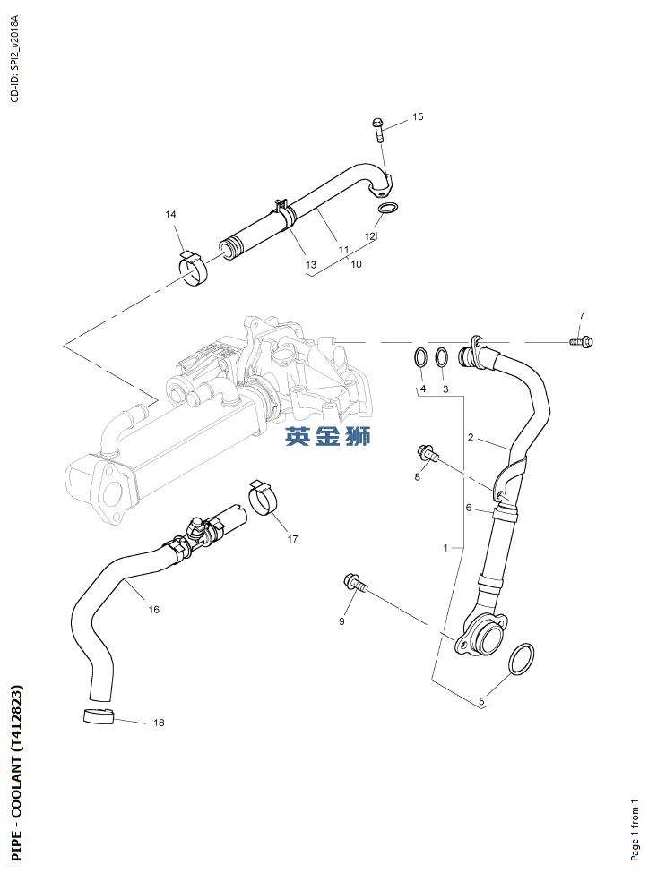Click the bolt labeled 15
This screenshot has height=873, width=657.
[378, 131]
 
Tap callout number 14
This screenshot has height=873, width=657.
[170, 214]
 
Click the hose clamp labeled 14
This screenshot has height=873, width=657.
[192, 268]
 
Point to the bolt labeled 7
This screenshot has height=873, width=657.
[581, 341]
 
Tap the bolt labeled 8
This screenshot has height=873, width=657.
[427, 454]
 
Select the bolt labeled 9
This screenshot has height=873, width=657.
[355, 585]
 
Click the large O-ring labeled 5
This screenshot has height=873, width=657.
[523, 661]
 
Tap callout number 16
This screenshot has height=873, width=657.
[154, 610]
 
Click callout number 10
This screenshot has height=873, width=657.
[356, 264]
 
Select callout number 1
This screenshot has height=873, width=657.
[446, 546]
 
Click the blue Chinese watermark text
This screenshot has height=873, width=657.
[327, 437]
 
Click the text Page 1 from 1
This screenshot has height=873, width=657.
[635, 830]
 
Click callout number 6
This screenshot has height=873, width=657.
[468, 508]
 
